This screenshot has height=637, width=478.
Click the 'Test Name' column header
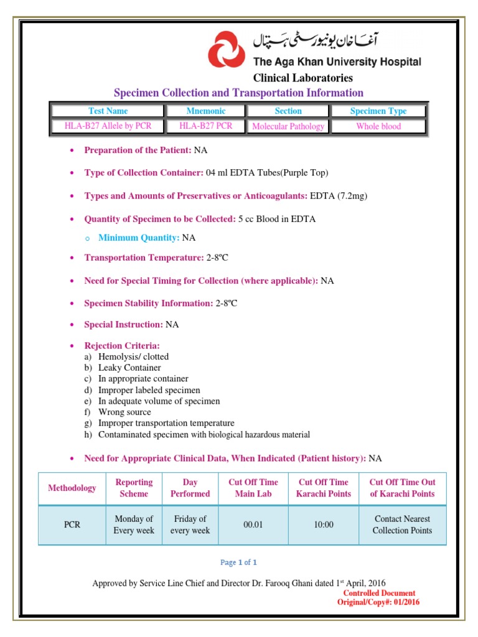click(108, 111)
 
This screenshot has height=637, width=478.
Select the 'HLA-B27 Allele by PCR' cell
click(108, 126)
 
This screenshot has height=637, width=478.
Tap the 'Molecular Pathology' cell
click(288, 126)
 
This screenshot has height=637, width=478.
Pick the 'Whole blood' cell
click(378, 126)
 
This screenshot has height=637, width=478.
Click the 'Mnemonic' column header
click(206, 111)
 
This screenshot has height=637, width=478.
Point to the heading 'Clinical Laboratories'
click(302, 78)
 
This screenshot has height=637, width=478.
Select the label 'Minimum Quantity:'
click(139, 238)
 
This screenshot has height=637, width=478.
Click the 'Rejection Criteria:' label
click(122, 345)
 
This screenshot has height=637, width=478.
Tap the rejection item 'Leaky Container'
click(129, 368)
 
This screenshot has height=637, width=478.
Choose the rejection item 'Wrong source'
click(124, 412)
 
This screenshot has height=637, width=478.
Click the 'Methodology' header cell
click(72, 488)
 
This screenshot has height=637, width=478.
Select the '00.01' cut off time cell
click(253, 524)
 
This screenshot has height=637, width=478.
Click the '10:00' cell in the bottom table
click(324, 524)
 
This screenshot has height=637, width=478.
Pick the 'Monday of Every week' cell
click(133, 524)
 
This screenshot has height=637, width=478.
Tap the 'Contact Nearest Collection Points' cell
click(402, 524)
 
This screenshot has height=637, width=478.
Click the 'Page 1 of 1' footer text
click(238, 562)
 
